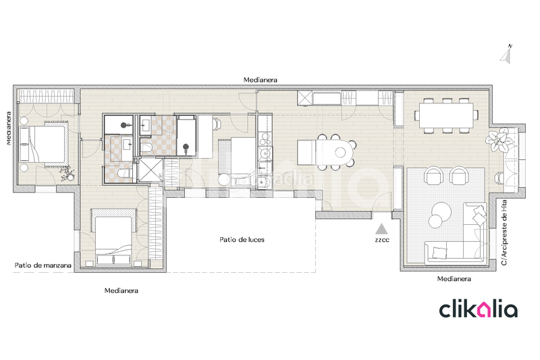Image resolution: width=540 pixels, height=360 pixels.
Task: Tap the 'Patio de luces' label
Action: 242,240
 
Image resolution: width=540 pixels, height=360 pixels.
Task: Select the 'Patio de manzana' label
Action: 43,265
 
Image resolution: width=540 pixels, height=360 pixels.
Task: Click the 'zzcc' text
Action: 382,239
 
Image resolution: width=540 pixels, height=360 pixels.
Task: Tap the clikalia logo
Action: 478,309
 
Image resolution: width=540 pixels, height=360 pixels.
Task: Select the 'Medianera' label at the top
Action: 261,80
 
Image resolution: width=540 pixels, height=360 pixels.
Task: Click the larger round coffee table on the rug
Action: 442,210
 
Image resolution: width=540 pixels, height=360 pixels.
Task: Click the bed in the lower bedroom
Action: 115,239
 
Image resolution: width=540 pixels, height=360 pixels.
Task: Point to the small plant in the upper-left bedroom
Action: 68,176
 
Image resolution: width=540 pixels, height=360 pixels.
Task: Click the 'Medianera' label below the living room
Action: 454,278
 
